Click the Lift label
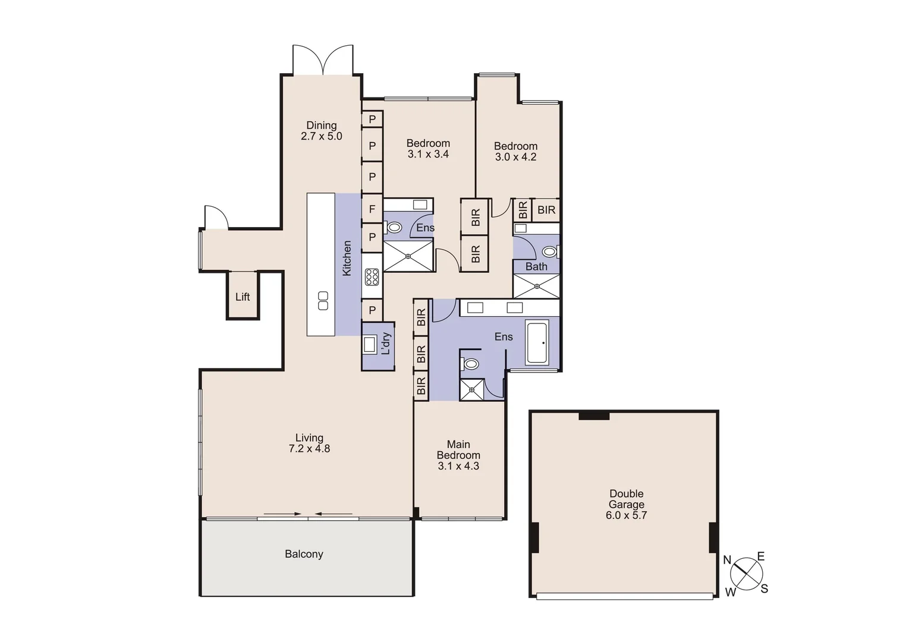(x=243, y=297)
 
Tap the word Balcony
(x=304, y=554)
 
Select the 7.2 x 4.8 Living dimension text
(x=309, y=449)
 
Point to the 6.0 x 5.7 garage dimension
(x=626, y=515)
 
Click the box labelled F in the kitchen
(x=372, y=209)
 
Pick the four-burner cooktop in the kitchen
(x=372, y=277)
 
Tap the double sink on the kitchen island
(x=323, y=301)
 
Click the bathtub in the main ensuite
(x=537, y=342)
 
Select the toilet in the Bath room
(x=550, y=251)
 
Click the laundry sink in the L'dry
(x=370, y=344)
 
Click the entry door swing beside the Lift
(x=216, y=217)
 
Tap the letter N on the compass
(x=727, y=560)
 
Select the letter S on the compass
(x=765, y=589)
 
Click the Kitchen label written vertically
(x=347, y=258)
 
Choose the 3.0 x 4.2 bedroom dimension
(x=515, y=157)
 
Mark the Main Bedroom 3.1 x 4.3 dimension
(x=458, y=466)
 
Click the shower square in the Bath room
(x=537, y=286)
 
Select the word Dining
(x=322, y=125)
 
